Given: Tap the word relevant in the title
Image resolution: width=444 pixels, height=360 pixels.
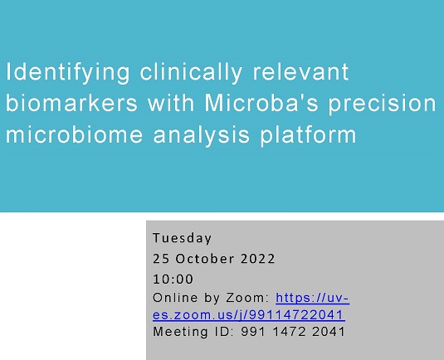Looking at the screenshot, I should [301, 72].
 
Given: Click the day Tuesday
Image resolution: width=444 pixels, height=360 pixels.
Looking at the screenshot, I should [183, 238].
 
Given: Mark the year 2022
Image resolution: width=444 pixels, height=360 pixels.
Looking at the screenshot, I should [258, 259].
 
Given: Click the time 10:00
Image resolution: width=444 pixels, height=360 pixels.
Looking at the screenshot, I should [173, 279].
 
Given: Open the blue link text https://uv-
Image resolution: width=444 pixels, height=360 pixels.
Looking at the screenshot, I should [318, 298].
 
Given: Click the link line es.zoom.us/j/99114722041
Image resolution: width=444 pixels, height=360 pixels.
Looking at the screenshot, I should [249, 314].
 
